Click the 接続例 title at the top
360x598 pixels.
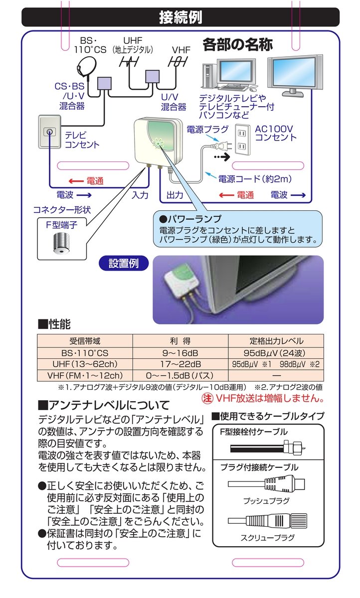[x=180, y=17]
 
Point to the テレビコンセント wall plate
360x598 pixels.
[x=49, y=133]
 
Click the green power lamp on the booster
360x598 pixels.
[x=159, y=142]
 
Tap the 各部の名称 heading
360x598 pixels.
[x=237, y=45]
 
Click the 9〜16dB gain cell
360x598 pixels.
[x=180, y=353]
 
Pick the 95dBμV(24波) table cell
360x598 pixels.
[x=276, y=353]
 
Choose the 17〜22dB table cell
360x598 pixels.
[x=180, y=364]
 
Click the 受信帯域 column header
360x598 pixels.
[x=85, y=341]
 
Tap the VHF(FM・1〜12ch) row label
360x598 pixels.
[x=85, y=375]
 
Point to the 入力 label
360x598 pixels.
[x=140, y=195]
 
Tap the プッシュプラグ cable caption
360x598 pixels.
[x=266, y=500]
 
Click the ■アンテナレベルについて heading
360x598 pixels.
[x=104, y=405]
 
